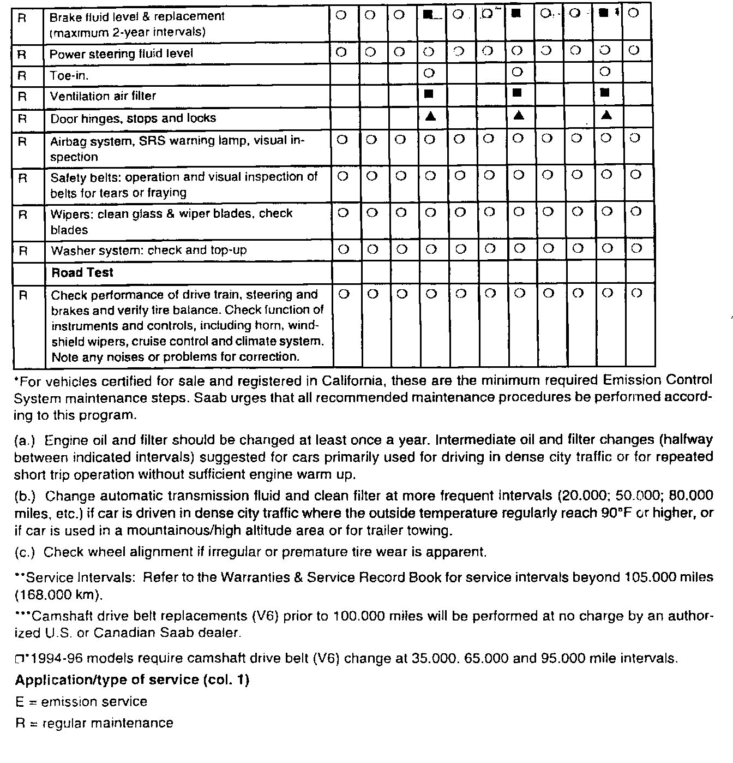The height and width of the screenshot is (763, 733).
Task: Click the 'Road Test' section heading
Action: coord(82,272)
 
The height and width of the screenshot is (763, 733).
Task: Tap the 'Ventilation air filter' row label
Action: coord(103,96)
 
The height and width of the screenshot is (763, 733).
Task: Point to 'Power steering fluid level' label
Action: coord(121,53)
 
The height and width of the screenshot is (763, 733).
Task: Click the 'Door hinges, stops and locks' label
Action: coord(133,118)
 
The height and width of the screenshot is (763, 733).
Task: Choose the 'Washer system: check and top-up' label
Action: coord(148,251)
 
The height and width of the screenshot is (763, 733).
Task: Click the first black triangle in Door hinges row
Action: coord(430,116)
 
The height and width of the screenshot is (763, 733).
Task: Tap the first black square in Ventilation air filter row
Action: coord(429,93)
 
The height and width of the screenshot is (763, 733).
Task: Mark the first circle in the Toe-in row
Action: coord(429,72)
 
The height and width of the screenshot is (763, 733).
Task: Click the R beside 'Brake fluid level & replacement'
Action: coord(22,17)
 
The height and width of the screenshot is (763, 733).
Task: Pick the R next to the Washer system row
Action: coord(23,251)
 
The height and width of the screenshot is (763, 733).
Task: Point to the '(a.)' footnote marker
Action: coord(25,440)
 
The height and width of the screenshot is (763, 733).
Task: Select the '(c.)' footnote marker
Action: coord(25,552)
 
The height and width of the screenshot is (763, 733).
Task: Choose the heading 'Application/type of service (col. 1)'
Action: coord(132,680)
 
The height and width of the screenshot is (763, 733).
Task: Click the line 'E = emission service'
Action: coord(81,702)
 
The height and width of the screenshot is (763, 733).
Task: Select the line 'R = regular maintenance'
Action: coord(94,724)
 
